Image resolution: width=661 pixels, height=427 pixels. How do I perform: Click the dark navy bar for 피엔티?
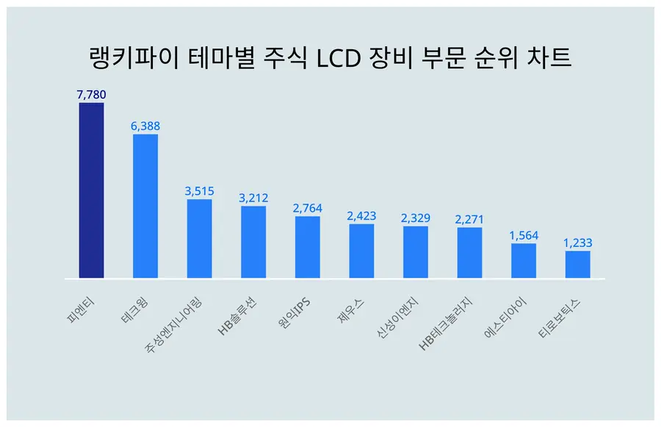pyautogui.click(x=91, y=190)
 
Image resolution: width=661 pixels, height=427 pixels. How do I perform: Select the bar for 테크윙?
pyautogui.click(x=145, y=207)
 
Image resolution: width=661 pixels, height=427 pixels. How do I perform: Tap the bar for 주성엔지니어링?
pyautogui.click(x=199, y=239)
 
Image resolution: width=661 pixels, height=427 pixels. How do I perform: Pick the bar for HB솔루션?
pyautogui.click(x=253, y=243)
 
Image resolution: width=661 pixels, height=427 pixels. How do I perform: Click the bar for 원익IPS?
pyautogui.click(x=308, y=248)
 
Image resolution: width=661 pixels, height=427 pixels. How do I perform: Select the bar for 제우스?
pyautogui.click(x=361, y=251)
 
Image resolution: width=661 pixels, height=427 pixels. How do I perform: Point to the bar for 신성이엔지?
pyautogui.click(x=416, y=252)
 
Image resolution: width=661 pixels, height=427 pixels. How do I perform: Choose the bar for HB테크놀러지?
pyautogui.click(x=469, y=253)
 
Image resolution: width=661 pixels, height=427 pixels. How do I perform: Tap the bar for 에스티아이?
pyautogui.click(x=524, y=261)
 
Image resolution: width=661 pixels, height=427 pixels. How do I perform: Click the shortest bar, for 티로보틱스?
pyautogui.click(x=577, y=265)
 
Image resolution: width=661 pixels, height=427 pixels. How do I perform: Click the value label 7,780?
pyautogui.click(x=91, y=94)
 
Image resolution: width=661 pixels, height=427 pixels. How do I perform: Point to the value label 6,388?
pyautogui.click(x=145, y=126)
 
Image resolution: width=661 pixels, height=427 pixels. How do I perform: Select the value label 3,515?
pyautogui.click(x=199, y=191)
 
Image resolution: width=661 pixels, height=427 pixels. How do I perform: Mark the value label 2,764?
pyautogui.click(x=308, y=208)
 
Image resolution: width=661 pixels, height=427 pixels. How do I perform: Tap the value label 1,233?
pyautogui.click(x=577, y=243)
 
